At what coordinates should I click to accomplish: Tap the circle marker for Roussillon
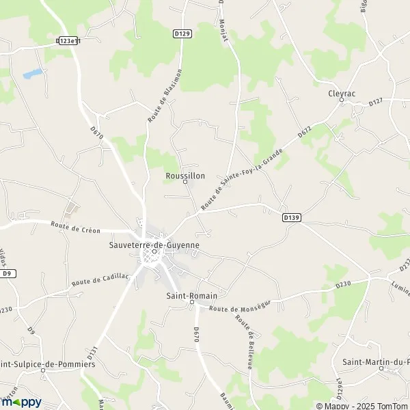(x=184, y=182)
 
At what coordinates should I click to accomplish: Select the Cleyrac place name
(x=341, y=94)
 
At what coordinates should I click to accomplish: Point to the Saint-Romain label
(x=191, y=295)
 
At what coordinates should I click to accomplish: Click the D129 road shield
(x=181, y=32)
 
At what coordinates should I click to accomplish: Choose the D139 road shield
(x=292, y=217)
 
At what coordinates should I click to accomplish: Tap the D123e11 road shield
(x=68, y=41)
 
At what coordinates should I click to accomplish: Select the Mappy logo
(x=22, y=402)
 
